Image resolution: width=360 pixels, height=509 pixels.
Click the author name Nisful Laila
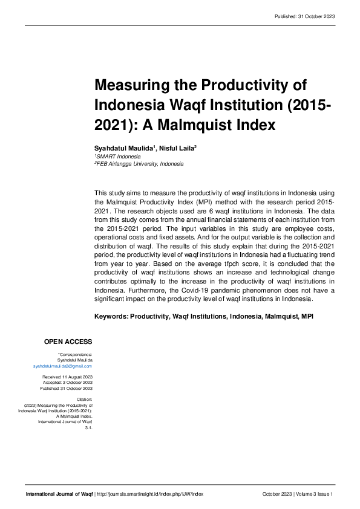pos(177,148)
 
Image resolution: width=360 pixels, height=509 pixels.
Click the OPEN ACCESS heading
pos(68,342)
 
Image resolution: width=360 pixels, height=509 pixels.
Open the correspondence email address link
pos(62,366)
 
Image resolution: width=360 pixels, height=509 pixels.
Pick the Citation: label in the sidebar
pos(84,399)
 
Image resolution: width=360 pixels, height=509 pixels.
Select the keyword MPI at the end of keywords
pos(307,316)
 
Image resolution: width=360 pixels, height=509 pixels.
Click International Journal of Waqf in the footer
pos(59,494)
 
